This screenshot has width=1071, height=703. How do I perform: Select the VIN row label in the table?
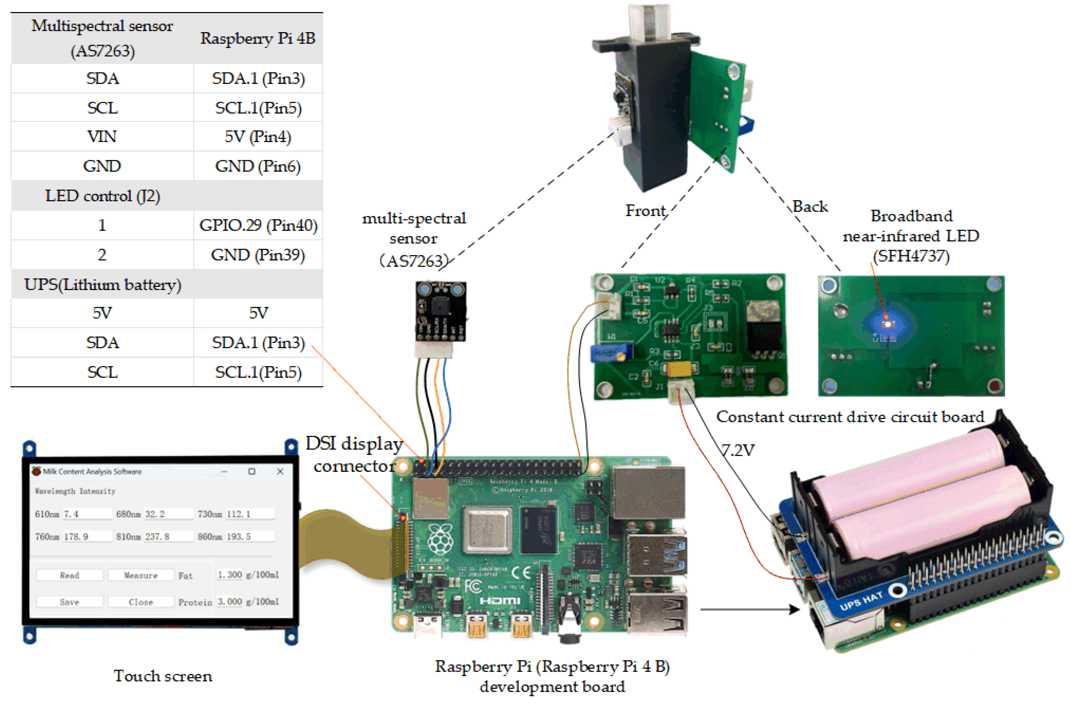(102, 136)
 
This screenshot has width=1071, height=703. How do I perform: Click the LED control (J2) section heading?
(103, 196)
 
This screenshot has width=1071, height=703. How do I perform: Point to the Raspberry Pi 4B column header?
(258, 38)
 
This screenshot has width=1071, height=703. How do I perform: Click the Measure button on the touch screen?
(141, 575)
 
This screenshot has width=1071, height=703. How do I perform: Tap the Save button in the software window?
(69, 602)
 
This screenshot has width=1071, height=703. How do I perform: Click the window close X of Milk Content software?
(280, 471)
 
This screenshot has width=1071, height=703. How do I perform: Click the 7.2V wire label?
(738, 450)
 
